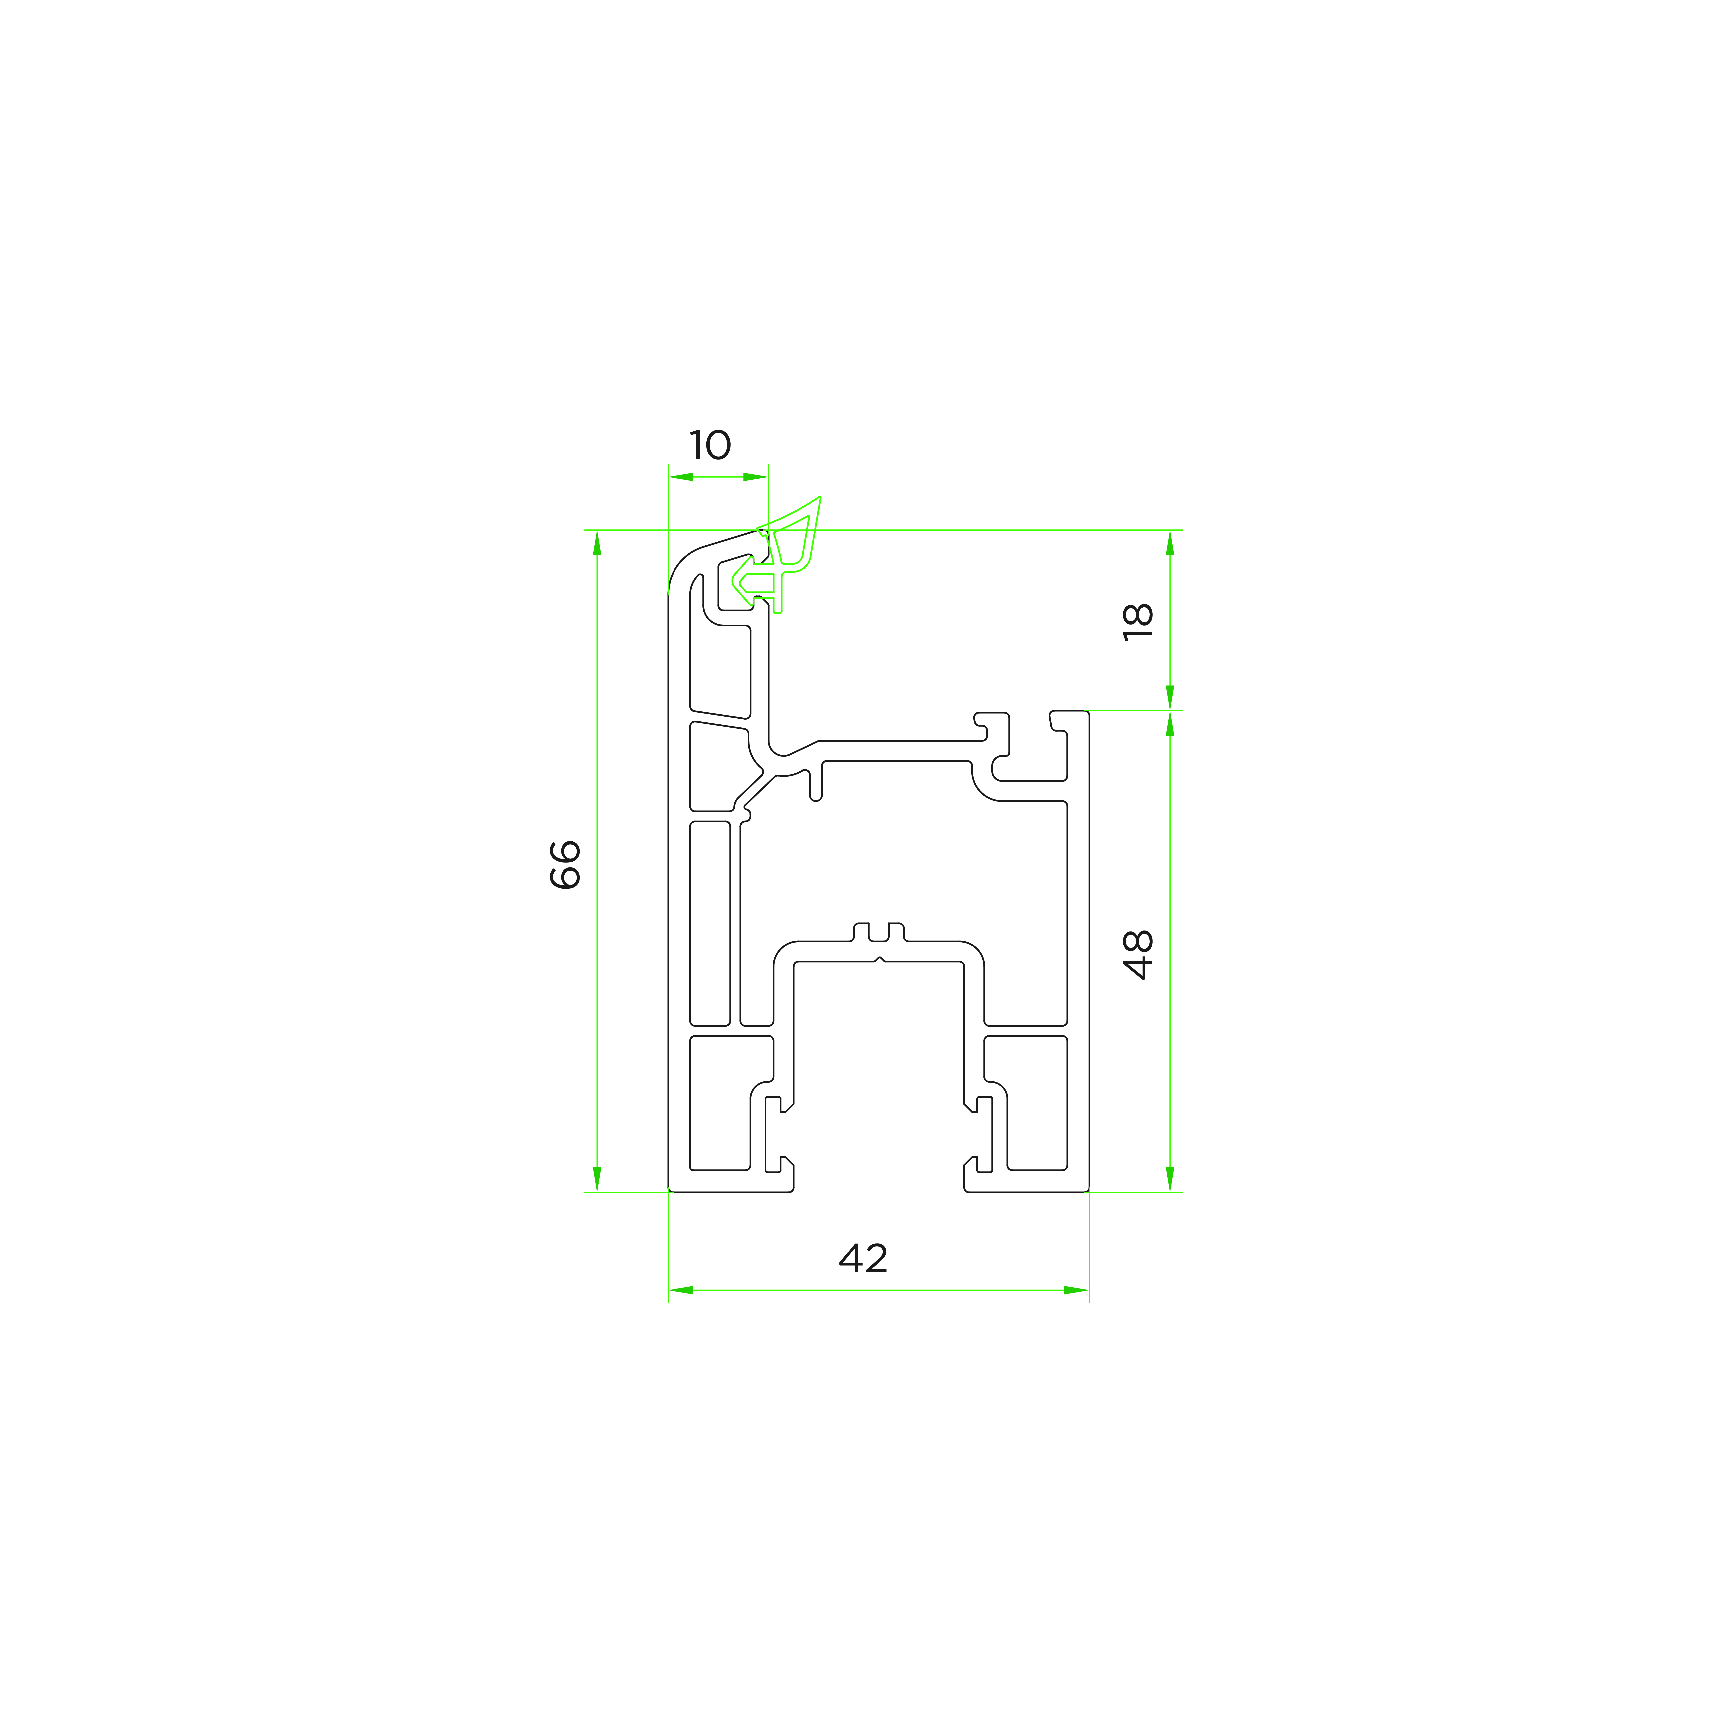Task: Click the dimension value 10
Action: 710,445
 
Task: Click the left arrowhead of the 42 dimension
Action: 681,1290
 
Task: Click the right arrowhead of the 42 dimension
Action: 1076,1290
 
